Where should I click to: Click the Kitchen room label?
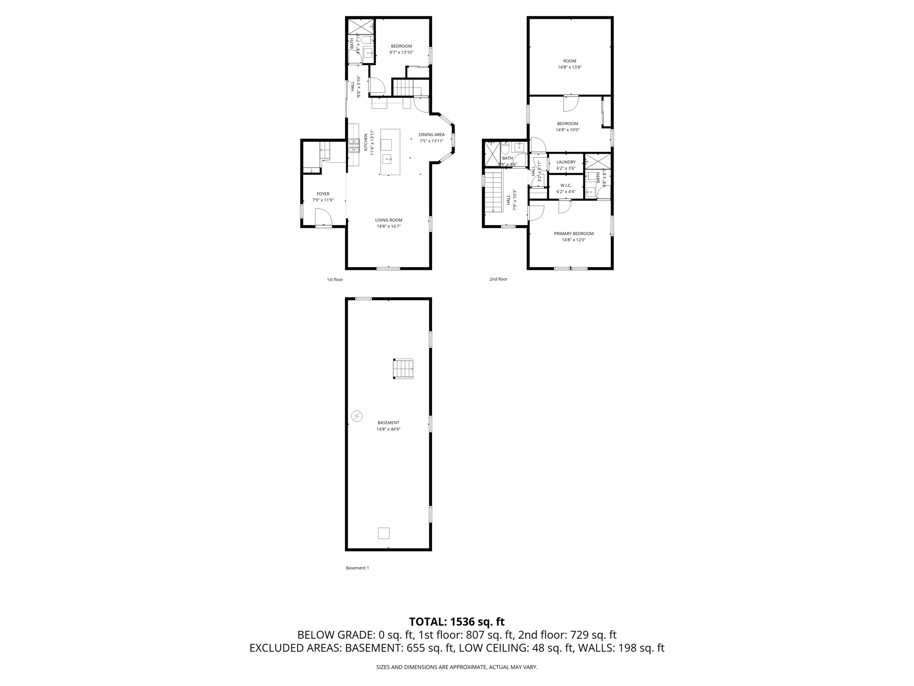pos(366,142)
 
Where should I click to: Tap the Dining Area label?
pos(431,134)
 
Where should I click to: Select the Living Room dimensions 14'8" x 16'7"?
pos(388,226)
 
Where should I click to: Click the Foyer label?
pos(323,194)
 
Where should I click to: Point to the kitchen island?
pos(390,152)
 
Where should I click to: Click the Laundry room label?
pos(566,162)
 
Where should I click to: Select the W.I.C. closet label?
pos(566,185)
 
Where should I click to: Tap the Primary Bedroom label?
pos(573,234)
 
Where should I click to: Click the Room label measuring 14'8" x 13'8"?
pos(569,61)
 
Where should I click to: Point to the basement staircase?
pos(403,369)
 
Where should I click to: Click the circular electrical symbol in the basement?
pos(357,416)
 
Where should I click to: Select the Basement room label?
pos(388,422)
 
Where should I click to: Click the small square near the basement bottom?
pos(383,533)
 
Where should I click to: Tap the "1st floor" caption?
pos(335,280)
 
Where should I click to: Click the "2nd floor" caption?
pos(498,279)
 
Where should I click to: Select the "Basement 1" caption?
pos(357,568)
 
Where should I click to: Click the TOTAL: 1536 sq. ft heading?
pos(457,622)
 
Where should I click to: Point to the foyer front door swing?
pos(323,218)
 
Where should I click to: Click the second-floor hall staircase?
pos(494,192)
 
